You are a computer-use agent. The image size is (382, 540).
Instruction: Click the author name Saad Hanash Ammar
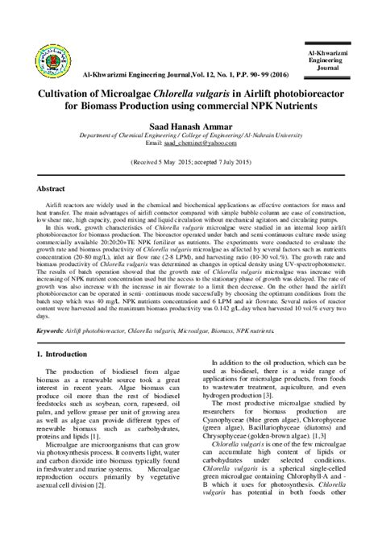point(190,127)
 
